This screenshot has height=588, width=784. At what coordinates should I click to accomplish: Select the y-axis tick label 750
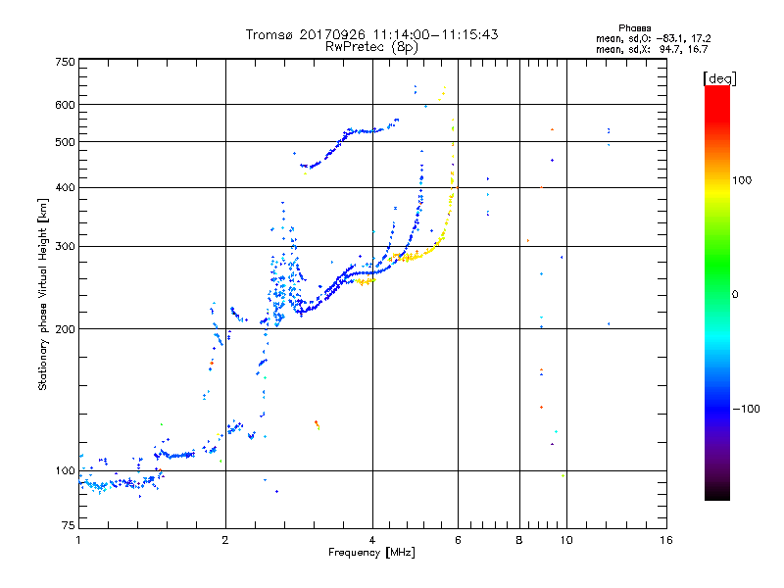point(65,62)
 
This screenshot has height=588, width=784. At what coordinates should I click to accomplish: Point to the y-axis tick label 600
point(65,105)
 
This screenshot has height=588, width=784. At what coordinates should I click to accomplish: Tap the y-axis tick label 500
point(65,142)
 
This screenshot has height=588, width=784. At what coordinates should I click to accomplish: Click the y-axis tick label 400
point(65,187)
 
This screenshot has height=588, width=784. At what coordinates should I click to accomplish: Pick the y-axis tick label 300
point(65,246)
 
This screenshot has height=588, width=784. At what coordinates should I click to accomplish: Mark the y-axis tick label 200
point(65,329)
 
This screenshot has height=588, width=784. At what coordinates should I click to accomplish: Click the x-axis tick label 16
point(665,541)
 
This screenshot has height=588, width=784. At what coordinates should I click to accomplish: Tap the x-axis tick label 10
point(566,541)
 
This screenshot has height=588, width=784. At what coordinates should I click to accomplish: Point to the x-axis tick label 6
point(458,541)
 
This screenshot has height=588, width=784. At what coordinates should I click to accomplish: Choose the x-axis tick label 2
point(225,541)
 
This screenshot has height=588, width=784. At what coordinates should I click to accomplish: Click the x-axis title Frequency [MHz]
point(372,553)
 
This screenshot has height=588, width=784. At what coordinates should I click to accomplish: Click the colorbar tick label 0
point(735,294)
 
